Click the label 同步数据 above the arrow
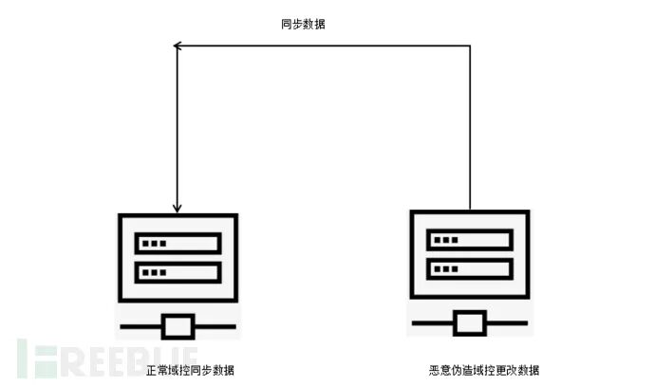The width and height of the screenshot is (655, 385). pyautogui.click(x=304, y=24)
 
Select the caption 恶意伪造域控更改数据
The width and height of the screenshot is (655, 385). pyautogui.click(x=483, y=369)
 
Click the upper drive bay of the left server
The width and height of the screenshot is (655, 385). pyautogui.click(x=178, y=244)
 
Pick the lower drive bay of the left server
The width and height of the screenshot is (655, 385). pyautogui.click(x=178, y=272)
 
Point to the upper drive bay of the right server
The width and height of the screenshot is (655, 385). pyautogui.click(x=469, y=239)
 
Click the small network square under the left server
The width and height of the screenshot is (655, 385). pyautogui.click(x=178, y=326)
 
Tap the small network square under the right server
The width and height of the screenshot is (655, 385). pyautogui.click(x=469, y=322)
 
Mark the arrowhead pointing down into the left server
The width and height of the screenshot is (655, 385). pyautogui.click(x=177, y=207)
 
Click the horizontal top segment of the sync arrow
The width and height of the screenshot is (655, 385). pyautogui.click(x=323, y=45)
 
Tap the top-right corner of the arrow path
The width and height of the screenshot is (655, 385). pyautogui.click(x=470, y=45)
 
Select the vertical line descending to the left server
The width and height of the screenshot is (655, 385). pyautogui.click(x=177, y=123)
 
